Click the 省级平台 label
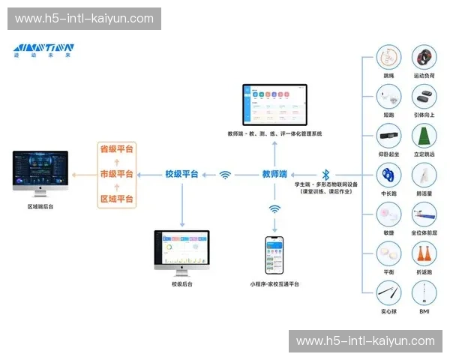point(116,149)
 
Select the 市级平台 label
point(116,174)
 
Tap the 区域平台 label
point(116,199)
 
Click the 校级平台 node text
point(182,174)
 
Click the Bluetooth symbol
point(325,174)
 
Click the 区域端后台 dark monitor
point(40,170)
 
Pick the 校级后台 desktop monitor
point(182,250)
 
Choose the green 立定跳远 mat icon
point(424,136)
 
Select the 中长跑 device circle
point(388,175)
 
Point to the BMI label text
point(424,310)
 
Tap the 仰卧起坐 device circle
point(388,136)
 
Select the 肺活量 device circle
point(424,175)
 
